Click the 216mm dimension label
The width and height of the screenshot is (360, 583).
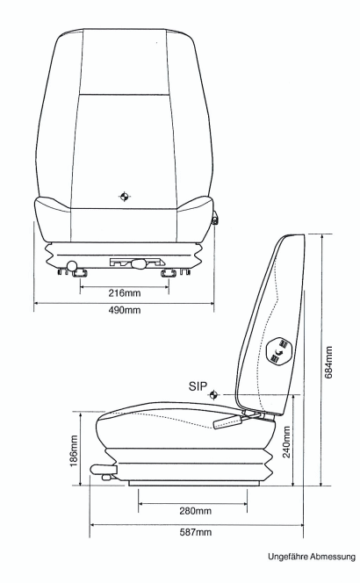pyautogui.click(x=125, y=293)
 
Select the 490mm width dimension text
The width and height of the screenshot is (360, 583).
pyautogui.click(x=125, y=310)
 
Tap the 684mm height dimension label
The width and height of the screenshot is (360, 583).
pyautogui.click(x=328, y=362)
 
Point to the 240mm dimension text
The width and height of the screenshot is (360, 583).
pyautogui.click(x=286, y=442)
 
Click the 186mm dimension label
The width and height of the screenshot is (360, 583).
pyautogui.click(x=74, y=451)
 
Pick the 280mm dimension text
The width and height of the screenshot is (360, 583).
pyautogui.click(x=196, y=511)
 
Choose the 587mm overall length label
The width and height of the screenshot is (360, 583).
pyautogui.click(x=196, y=532)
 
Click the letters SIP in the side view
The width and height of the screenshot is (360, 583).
pyautogui.click(x=198, y=386)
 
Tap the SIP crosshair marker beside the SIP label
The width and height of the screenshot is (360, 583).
pyautogui.click(x=214, y=395)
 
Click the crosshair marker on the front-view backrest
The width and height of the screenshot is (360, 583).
pyautogui.click(x=124, y=197)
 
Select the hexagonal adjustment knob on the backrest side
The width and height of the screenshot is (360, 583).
pyautogui.click(x=280, y=351)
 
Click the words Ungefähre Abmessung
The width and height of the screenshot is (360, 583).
pyautogui.click(x=312, y=557)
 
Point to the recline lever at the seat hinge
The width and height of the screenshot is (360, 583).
pyautogui.click(x=228, y=422)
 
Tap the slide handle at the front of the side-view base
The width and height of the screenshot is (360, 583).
pyautogui.click(x=104, y=471)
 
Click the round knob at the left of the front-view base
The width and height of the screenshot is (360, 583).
pyautogui.click(x=72, y=266)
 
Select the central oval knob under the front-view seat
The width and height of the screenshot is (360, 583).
pyautogui.click(x=139, y=264)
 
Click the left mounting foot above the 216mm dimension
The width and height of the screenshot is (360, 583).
pyautogui.click(x=80, y=273)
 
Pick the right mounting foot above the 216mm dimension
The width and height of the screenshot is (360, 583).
pyautogui.click(x=169, y=273)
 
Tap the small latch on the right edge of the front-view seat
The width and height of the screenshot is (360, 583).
pyautogui.click(x=215, y=219)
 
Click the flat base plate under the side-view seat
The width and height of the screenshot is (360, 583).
pyautogui.click(x=193, y=483)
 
